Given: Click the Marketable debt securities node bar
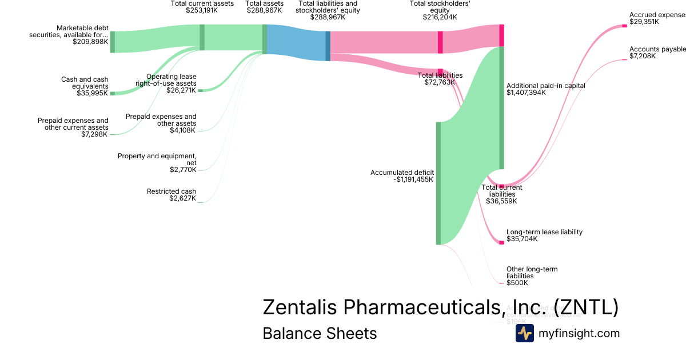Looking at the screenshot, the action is (113, 42).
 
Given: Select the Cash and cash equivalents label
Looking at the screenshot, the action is (85, 83).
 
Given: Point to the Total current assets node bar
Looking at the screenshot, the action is (202, 37).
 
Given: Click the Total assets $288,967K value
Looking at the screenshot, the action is (265, 10).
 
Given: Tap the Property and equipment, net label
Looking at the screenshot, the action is (157, 159).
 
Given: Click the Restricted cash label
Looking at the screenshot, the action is (171, 191).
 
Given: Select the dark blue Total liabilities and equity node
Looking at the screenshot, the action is (328, 45).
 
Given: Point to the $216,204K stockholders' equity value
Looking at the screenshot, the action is (439, 17).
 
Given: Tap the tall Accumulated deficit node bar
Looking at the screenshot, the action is (438, 183).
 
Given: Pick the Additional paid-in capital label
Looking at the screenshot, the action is (545, 86).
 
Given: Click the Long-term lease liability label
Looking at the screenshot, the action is (544, 232).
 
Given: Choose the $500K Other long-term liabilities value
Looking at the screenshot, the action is (517, 283).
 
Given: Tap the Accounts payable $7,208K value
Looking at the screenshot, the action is (643, 56).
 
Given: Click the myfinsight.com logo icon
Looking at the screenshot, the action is (524, 333).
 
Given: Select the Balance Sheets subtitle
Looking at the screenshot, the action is (320, 333).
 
